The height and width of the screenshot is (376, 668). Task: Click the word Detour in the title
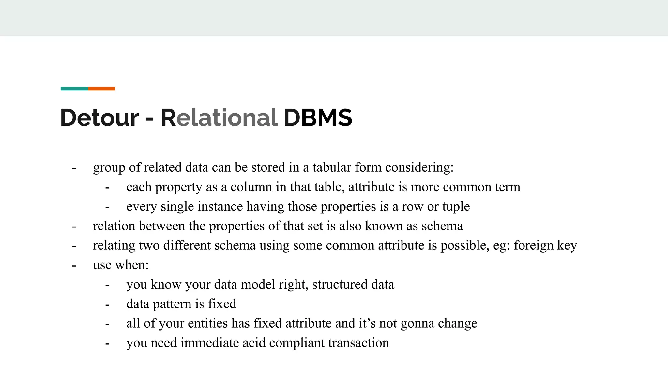pyautogui.click(x=99, y=117)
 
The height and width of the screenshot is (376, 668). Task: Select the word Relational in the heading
pyautogui.click(x=219, y=117)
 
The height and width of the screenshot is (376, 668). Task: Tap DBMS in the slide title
pyautogui.click(x=318, y=117)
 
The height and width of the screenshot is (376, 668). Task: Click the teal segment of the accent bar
pyautogui.click(x=74, y=89)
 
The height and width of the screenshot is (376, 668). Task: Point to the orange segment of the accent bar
pyautogui.click(x=101, y=89)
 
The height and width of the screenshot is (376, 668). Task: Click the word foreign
pyautogui.click(x=534, y=245)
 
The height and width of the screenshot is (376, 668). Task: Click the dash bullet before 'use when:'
pyautogui.click(x=74, y=265)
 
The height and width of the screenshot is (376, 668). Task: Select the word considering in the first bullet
pyautogui.click(x=419, y=167)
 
